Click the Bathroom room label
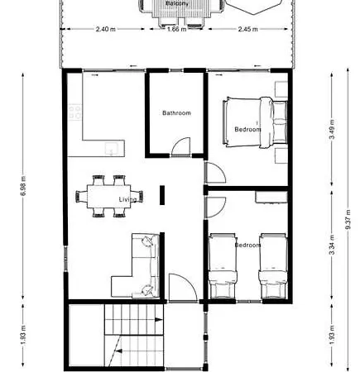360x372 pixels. point(176,113)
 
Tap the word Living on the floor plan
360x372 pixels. point(127,199)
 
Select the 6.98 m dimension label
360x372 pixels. point(23,186)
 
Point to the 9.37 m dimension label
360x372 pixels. point(348,219)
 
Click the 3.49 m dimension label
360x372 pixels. point(332,129)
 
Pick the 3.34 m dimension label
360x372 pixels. point(332,245)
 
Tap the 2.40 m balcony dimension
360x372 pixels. point(106,29)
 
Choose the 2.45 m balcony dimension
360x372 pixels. point(248,29)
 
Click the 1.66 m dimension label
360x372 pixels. point(176,29)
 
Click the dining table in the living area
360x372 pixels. point(109,196)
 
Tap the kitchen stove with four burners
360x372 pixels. point(75,112)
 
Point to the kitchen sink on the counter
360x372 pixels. point(111,149)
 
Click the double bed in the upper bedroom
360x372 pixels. point(255,122)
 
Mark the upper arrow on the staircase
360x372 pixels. point(158,320)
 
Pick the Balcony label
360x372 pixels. point(177,3)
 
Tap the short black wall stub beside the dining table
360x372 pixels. point(162,195)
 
